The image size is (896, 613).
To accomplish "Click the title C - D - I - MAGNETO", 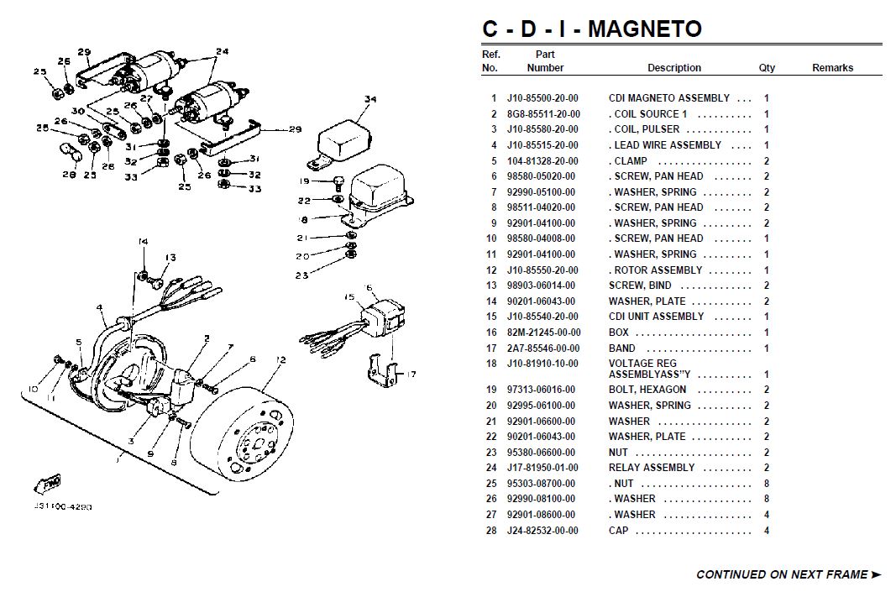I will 591,29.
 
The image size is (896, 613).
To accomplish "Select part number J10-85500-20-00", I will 542,98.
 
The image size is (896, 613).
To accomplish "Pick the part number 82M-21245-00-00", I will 542,333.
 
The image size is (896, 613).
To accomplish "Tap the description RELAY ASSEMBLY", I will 652,468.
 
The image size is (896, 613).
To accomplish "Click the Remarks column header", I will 832,68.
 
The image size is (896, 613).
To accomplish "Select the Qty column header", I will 767,68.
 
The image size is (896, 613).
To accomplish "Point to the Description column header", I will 673,68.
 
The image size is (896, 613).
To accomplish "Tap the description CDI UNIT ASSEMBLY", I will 656,317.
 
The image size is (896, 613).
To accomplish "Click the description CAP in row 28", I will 619,531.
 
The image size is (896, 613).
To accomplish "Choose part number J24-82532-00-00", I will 542,531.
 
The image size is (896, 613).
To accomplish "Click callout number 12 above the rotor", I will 280,360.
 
